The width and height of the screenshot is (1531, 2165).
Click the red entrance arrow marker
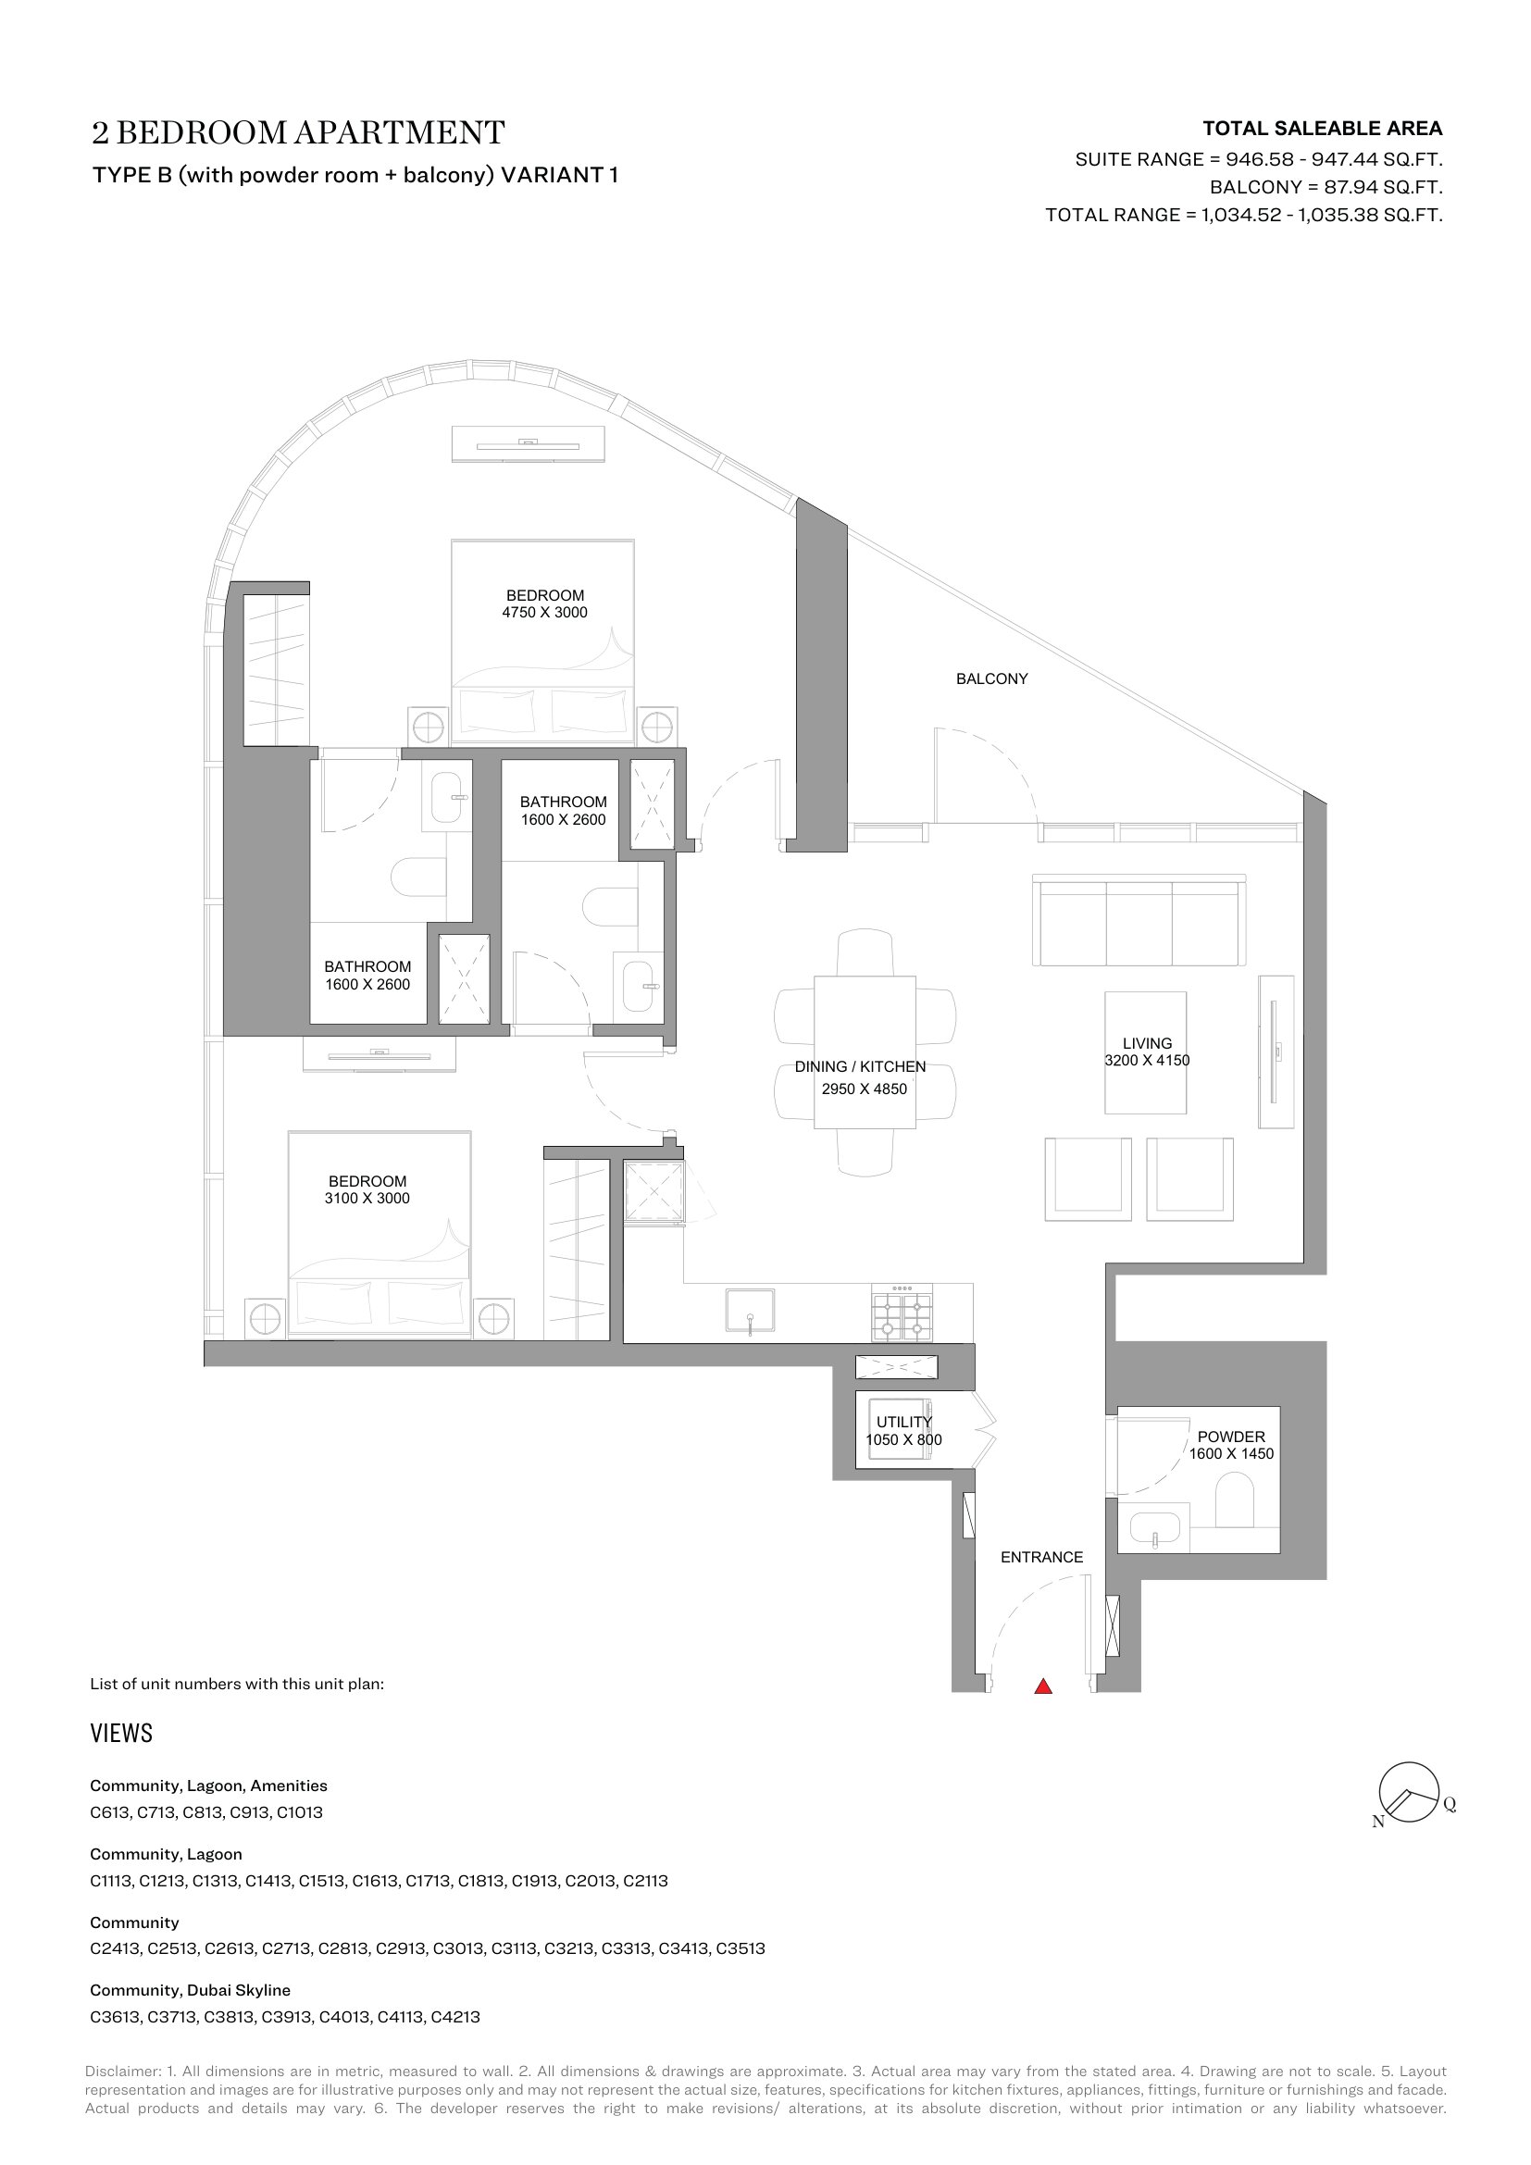pyautogui.click(x=1042, y=1686)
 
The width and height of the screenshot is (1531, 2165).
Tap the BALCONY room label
pyautogui.click(x=991, y=678)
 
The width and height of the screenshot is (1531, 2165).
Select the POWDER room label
pyautogui.click(x=1231, y=1437)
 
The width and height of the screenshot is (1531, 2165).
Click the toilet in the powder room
pyautogui.click(x=1234, y=1501)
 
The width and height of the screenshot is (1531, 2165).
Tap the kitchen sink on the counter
pyautogui.click(x=751, y=1312)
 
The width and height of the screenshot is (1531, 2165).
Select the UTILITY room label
pyautogui.click(x=904, y=1422)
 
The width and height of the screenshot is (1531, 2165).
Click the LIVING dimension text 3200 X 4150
pyautogui.click(x=1147, y=1060)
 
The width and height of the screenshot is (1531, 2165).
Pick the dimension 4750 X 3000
pyautogui.click(x=545, y=612)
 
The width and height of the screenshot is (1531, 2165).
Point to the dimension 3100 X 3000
pyautogui.click(x=367, y=1199)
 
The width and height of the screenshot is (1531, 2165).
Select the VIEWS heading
pyautogui.click(x=121, y=1733)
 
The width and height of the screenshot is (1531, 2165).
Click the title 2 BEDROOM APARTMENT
pyautogui.click(x=298, y=133)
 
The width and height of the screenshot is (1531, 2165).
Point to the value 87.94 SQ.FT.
pyautogui.click(x=1383, y=187)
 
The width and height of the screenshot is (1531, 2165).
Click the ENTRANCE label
pyautogui.click(x=1041, y=1557)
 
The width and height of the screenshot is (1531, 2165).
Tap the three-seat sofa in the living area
pyautogui.click(x=1139, y=920)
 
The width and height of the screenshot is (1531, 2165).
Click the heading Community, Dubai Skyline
pyautogui.click(x=191, y=1990)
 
